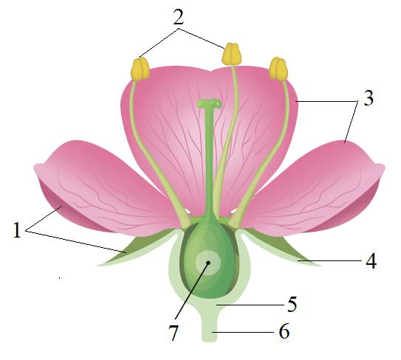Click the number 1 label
point(17,230)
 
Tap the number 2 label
point(179,17)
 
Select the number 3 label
point(369,98)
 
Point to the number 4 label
point(371,261)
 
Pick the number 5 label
point(292,304)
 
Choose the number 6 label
point(284,331)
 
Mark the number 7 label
point(173,333)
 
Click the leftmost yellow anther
point(140,69)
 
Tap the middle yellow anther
point(231,54)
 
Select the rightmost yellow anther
point(278,69)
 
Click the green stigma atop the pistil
point(210,104)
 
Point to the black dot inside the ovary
point(208,263)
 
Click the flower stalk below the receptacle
point(210,325)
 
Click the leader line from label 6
point(243,332)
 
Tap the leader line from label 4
point(330,261)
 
